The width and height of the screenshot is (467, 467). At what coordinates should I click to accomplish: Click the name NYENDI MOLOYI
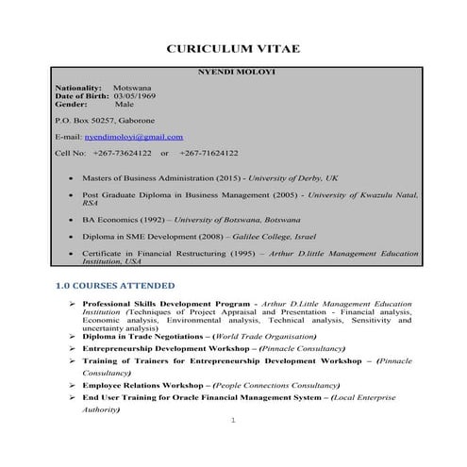(232, 73)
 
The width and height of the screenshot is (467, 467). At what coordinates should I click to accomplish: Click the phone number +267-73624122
(123, 152)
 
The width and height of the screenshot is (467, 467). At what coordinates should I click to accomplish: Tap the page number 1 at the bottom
(232, 432)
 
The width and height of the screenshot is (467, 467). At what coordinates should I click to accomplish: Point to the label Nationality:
(78, 88)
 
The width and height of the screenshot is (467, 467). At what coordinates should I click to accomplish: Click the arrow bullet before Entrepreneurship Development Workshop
(73, 348)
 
